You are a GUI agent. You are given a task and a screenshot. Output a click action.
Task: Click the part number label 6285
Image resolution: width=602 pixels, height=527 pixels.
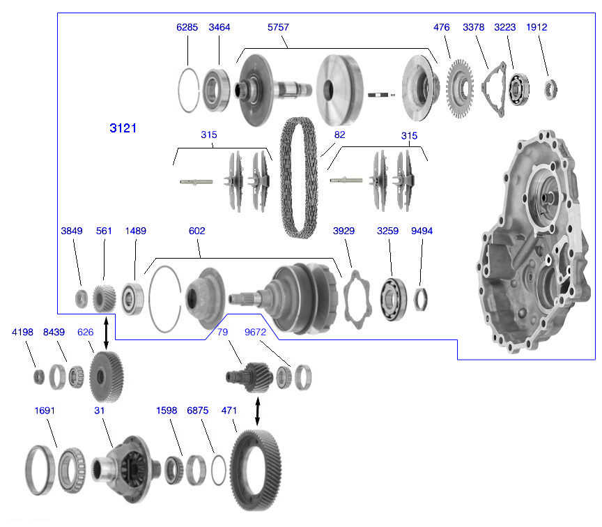(x=187, y=27)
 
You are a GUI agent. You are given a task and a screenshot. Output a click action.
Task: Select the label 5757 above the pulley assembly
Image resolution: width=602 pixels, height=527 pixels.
(x=278, y=27)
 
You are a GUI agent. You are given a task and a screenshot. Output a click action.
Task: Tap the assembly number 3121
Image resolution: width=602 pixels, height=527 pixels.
(x=123, y=128)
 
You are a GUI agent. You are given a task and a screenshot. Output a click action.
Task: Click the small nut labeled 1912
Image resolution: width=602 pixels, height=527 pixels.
(x=550, y=88)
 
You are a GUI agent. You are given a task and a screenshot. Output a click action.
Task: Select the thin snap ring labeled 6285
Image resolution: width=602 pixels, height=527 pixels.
(x=187, y=89)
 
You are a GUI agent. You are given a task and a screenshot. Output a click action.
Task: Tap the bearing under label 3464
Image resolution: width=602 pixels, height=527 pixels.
(x=218, y=89)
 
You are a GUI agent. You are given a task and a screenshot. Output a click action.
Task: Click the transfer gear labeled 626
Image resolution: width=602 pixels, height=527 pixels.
(x=106, y=376)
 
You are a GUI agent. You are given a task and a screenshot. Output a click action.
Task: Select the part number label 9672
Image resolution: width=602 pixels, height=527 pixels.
(x=255, y=333)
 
